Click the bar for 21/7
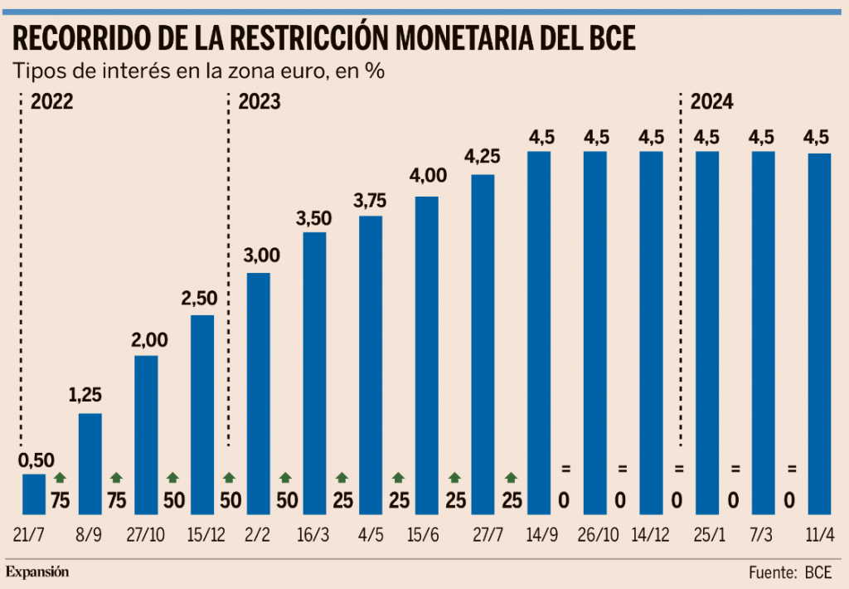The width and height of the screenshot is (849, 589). coord(34,494)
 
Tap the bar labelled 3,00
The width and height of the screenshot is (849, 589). coord(259,393)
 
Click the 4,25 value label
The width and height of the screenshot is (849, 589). coord(483,156)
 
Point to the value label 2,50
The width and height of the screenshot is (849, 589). coord(202,297)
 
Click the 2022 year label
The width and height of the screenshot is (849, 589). coord(52,102)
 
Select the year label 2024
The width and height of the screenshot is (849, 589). coord(711,102)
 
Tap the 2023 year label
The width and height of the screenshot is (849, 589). coord(259,102)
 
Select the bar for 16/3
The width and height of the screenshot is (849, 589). coord(315,373)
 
